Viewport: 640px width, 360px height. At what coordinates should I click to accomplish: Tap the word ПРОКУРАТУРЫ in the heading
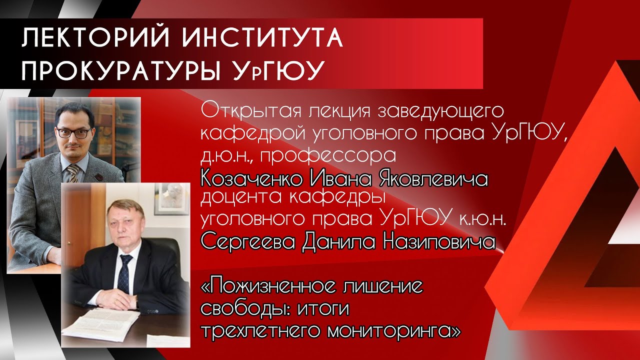(x=120, y=71)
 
